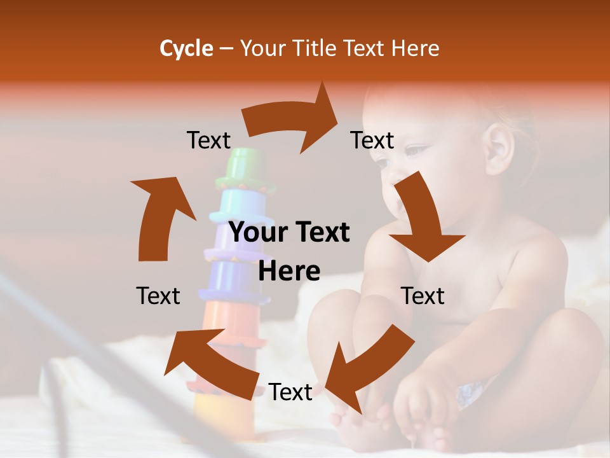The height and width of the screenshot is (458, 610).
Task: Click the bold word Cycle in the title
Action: coord(186,48)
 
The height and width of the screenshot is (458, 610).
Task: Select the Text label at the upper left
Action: coord(208,141)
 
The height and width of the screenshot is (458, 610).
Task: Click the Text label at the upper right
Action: coord(372,141)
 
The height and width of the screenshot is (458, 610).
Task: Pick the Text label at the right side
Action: coord(423,296)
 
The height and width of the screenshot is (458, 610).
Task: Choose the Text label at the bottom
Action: coord(290,392)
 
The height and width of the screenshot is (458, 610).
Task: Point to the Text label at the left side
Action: coord(158,296)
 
